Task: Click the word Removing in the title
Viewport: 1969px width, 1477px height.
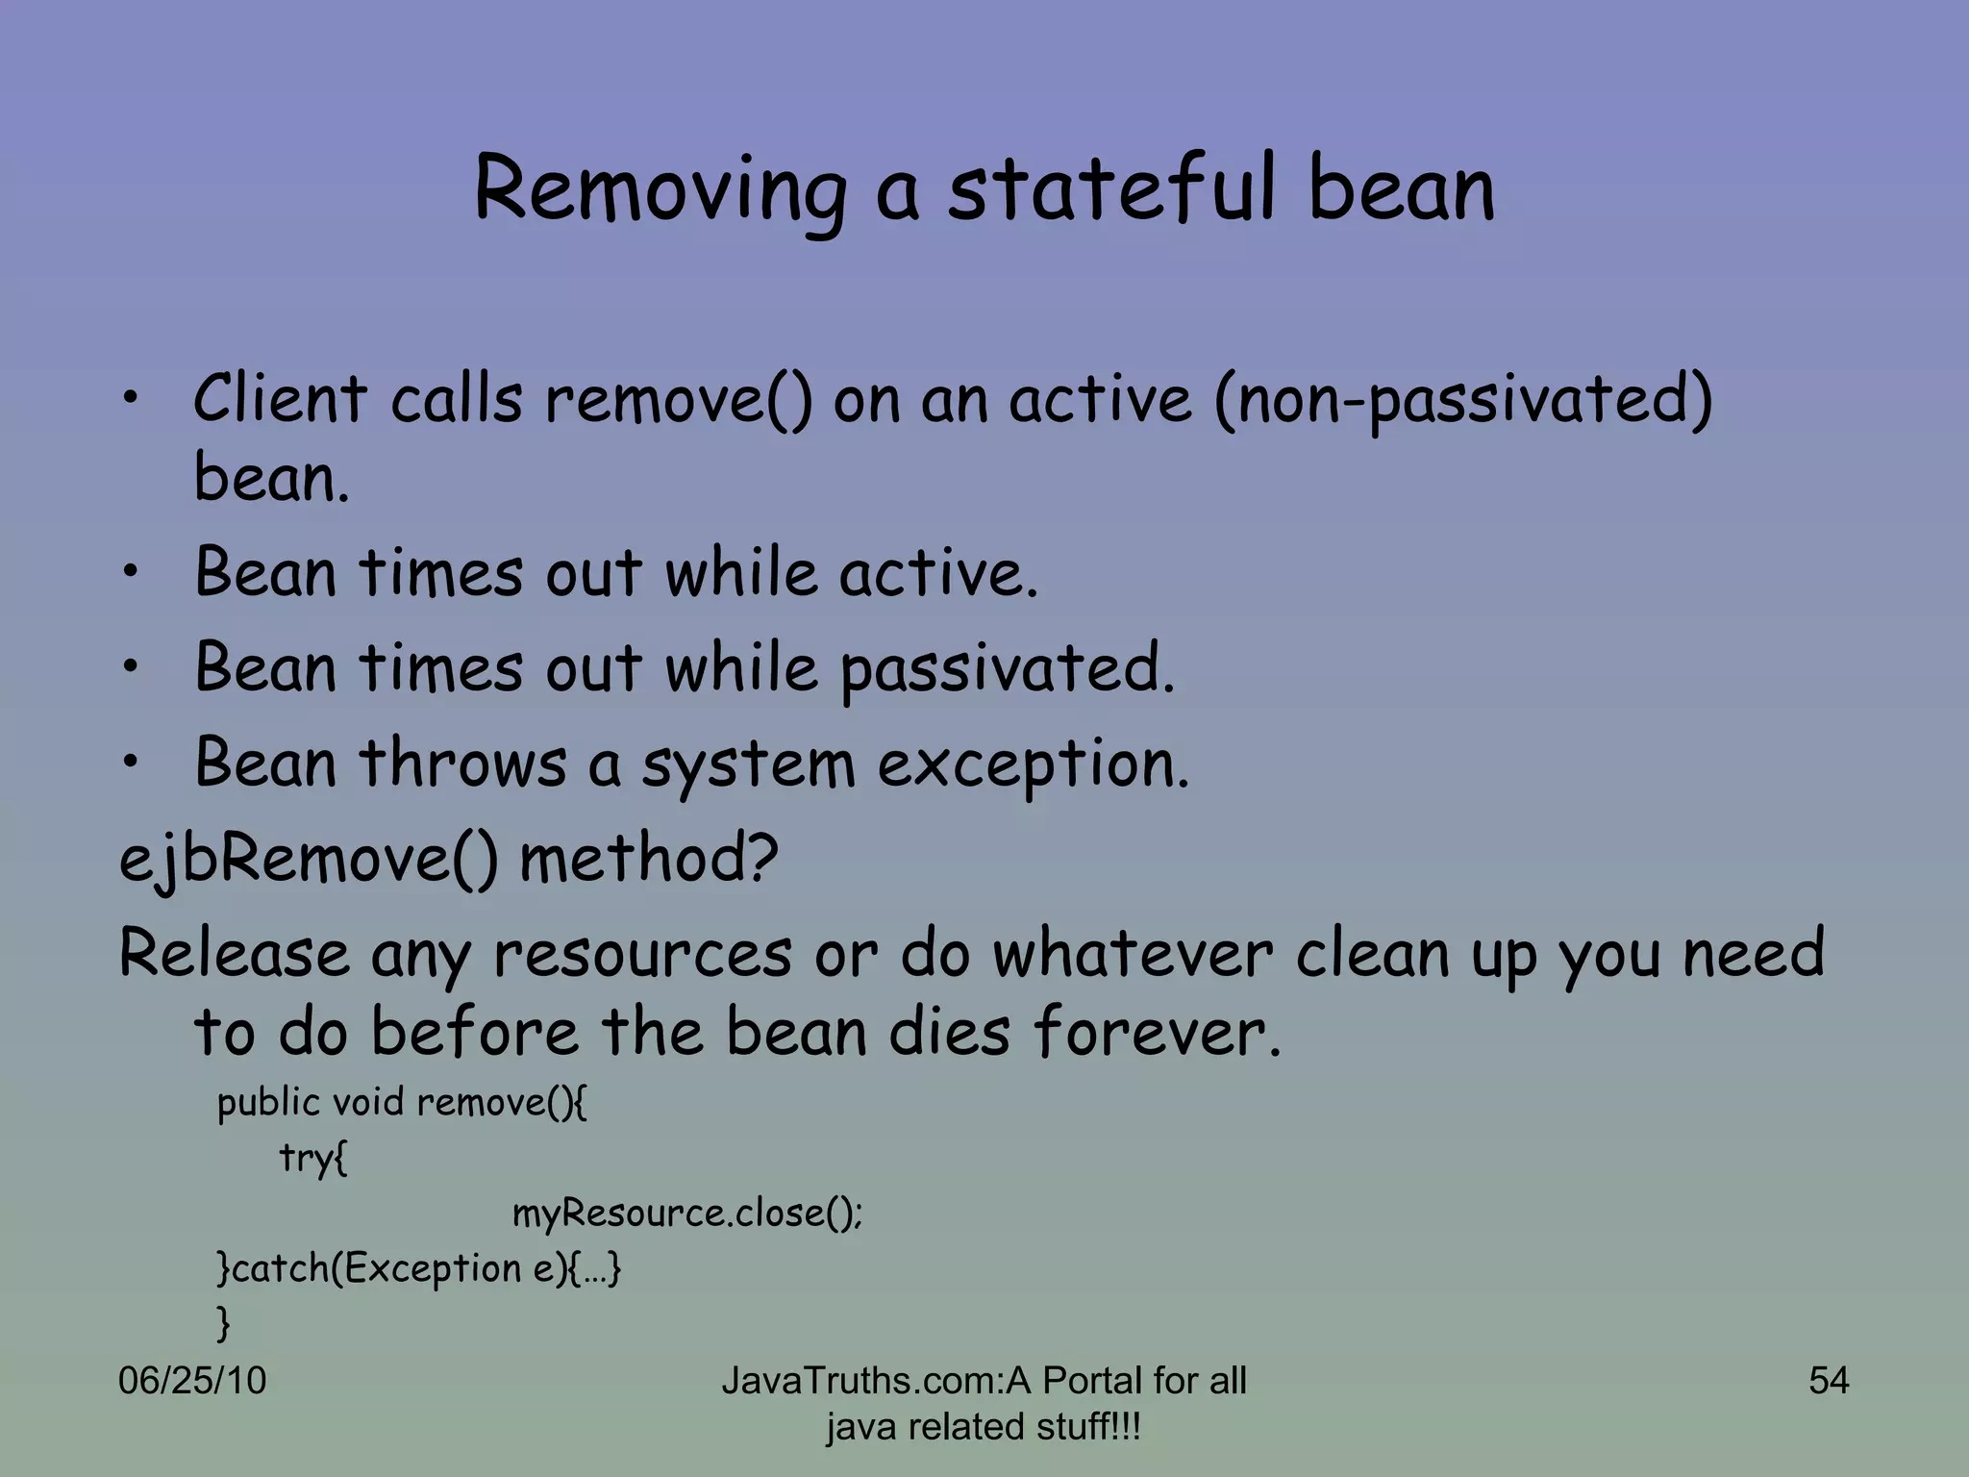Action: coord(660,189)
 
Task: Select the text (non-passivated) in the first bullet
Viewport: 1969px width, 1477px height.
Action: coord(1462,400)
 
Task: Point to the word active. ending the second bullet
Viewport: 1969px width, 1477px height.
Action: coord(938,573)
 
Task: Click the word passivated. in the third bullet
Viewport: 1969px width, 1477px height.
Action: coord(1008,668)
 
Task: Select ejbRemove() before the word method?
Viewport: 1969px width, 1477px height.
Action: coord(308,859)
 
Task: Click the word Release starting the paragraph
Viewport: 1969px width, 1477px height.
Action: coord(234,954)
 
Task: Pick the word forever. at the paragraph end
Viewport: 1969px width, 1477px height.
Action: coord(1158,1032)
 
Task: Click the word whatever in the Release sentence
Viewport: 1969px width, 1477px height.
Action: coord(1132,954)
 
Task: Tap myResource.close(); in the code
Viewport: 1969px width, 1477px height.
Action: coord(686,1214)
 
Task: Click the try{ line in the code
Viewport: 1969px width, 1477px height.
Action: coord(312,1158)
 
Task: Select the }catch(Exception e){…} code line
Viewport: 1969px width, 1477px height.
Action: coord(419,1269)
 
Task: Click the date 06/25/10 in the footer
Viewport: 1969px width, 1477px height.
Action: coord(192,1381)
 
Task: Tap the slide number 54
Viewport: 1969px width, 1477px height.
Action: coord(1828,1381)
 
